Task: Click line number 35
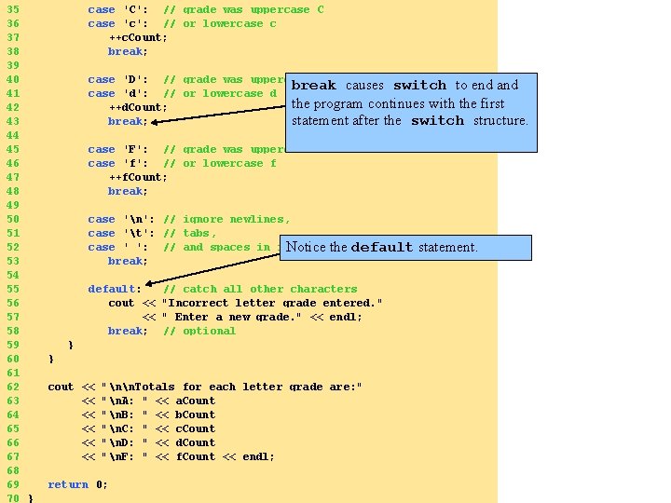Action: [12, 9]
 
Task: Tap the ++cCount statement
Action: [138, 37]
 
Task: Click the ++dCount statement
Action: [138, 107]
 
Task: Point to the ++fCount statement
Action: [138, 177]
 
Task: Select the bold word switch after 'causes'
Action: [419, 85]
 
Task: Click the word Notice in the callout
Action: [306, 247]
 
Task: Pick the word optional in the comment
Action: [210, 331]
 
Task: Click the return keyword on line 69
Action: [68, 484]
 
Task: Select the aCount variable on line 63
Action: [195, 401]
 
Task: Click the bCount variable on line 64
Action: [195, 415]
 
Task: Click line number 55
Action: [12, 289]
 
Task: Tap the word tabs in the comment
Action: [199, 233]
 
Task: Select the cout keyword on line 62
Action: [61, 387]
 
